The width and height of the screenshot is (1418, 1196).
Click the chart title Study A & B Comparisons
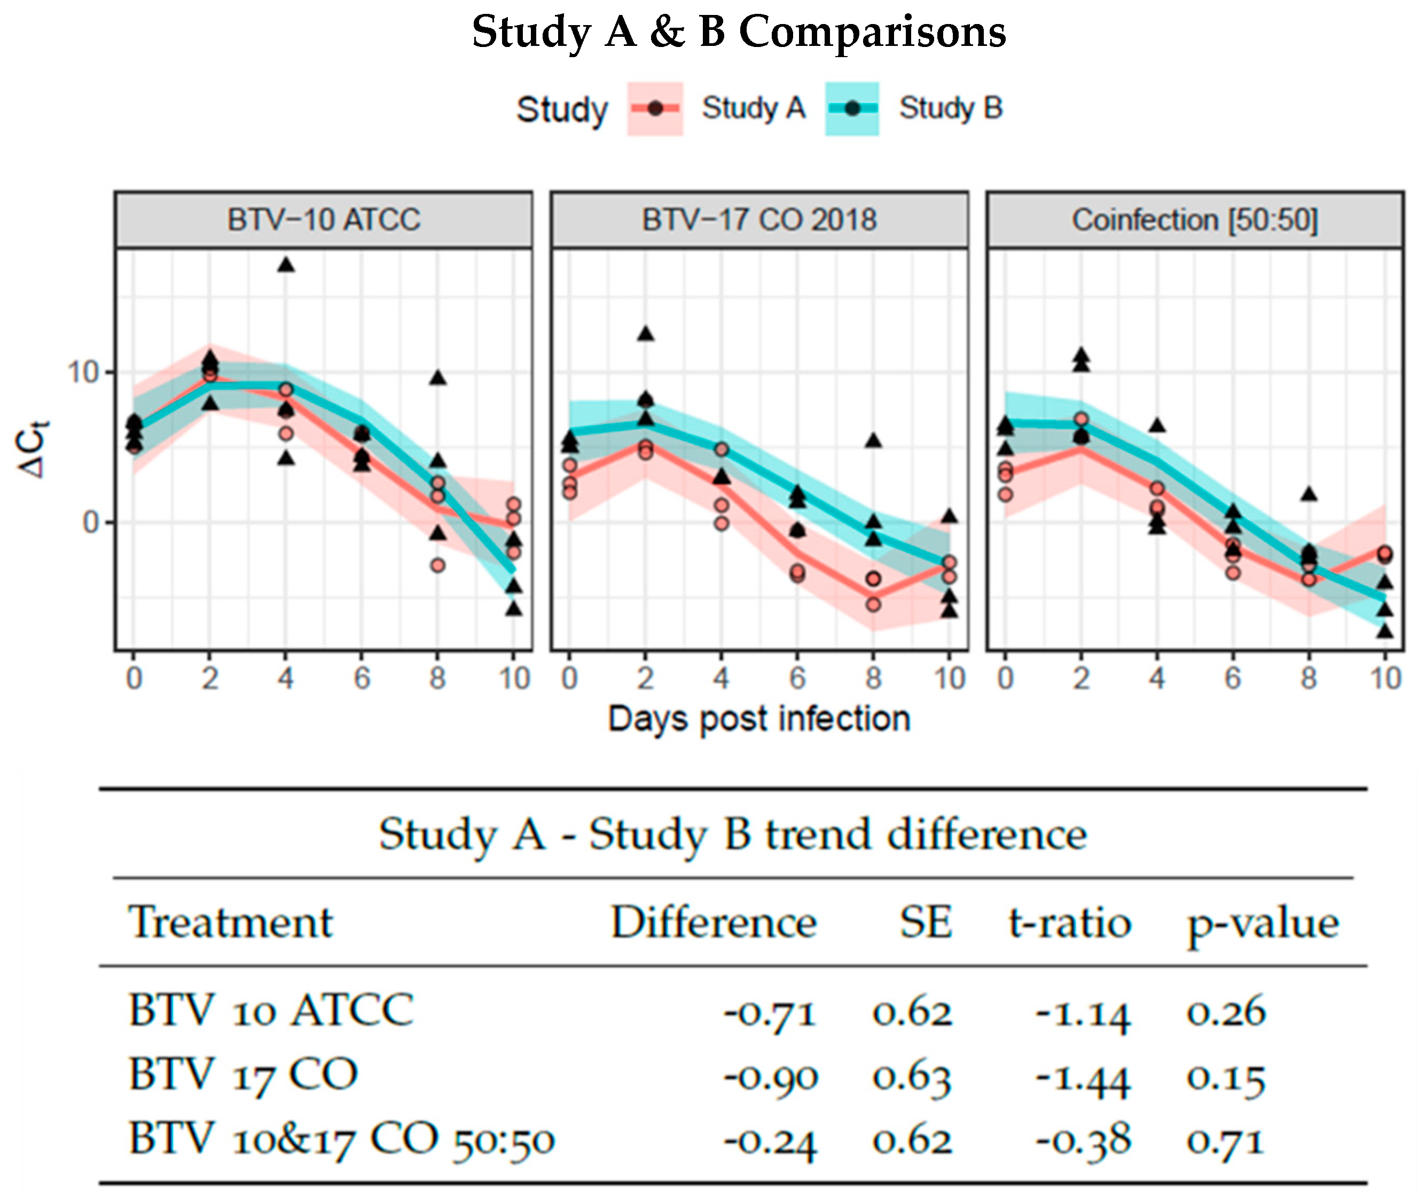(739, 32)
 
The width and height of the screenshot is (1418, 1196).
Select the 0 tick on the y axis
(91, 523)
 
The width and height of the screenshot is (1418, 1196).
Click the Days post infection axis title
(759, 719)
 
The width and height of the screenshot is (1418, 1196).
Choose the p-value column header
(1263, 924)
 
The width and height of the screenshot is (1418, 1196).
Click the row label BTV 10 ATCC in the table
(271, 1010)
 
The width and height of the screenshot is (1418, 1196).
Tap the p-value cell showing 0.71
(1225, 1140)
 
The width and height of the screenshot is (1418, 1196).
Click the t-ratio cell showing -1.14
(1083, 1012)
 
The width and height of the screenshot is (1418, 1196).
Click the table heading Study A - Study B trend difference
(732, 834)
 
